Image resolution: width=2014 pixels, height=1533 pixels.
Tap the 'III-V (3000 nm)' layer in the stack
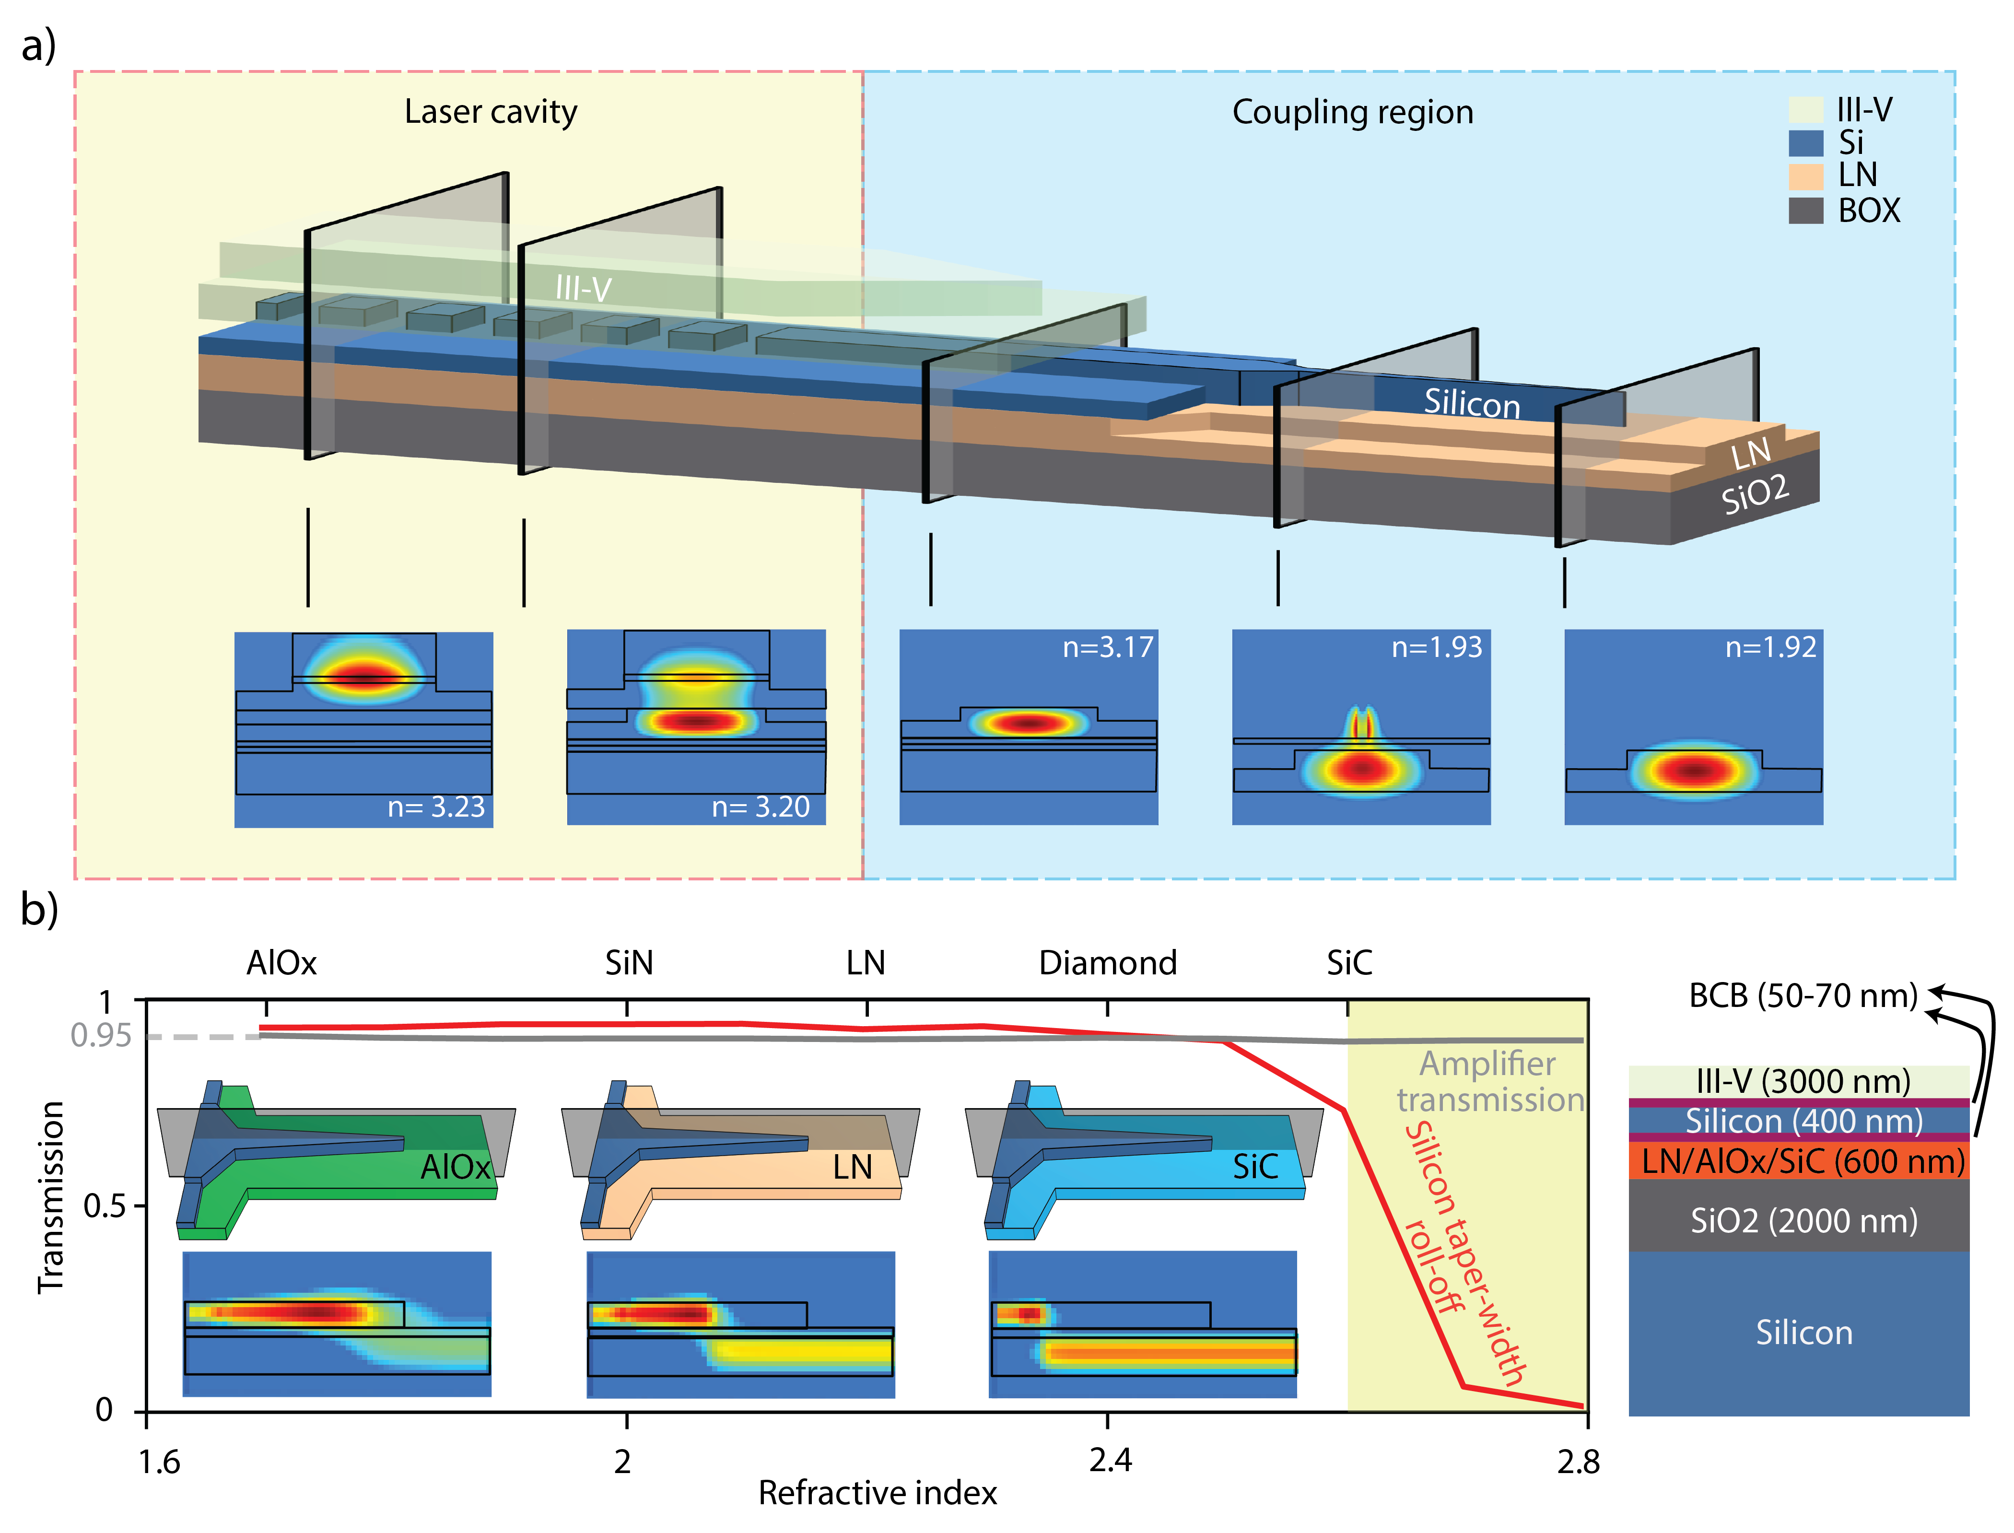(x=1802, y=1081)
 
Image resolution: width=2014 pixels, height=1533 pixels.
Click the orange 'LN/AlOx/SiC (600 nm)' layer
(x=1802, y=1161)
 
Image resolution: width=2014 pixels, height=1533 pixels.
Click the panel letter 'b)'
(x=39, y=910)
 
